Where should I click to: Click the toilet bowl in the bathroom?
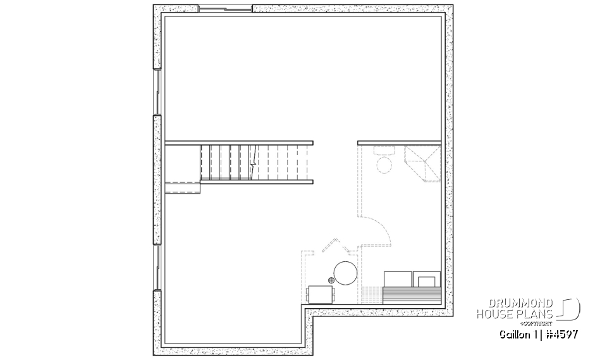pos(383,166)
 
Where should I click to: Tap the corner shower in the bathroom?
pos(422,163)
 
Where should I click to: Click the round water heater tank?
pos(346,274)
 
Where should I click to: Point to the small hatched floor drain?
pos(331,279)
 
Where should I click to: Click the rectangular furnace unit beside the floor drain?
pos(321,295)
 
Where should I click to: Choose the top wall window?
pos(226,9)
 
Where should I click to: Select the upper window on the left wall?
pos(156,92)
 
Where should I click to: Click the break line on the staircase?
pos(252,162)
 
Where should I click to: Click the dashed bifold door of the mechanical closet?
pos(331,245)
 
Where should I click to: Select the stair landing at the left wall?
pos(183,187)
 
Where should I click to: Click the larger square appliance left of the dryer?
pos(398,279)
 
